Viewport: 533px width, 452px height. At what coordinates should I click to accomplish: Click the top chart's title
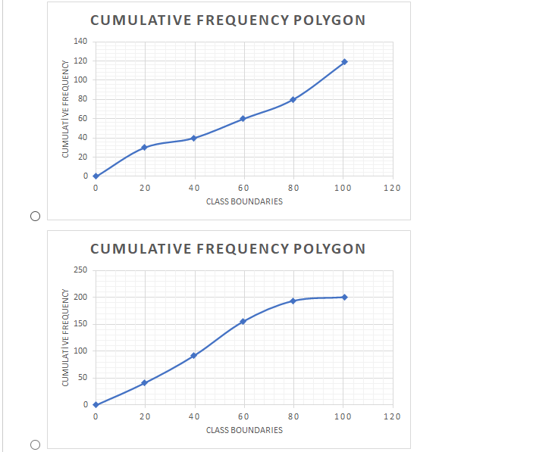coord(227,20)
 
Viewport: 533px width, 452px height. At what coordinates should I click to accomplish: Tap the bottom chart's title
coord(227,248)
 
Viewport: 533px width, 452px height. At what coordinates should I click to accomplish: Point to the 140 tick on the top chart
coord(81,41)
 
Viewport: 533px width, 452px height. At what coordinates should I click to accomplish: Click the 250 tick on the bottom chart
coord(81,270)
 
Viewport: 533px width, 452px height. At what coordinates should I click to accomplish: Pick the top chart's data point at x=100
coord(344,61)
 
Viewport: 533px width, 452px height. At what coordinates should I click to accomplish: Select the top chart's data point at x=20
coord(144,147)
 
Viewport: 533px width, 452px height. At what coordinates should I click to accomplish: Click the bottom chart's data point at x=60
coord(243,321)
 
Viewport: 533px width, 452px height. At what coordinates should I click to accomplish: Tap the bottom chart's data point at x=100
coord(344,297)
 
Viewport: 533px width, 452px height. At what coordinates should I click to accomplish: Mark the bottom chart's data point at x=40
coord(194,355)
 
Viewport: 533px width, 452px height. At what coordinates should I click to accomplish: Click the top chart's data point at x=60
coord(243,118)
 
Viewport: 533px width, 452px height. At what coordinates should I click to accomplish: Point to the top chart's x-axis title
coord(244,201)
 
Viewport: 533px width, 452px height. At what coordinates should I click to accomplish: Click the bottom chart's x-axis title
coord(244,430)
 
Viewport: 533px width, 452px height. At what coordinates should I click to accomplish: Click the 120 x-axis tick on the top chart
coord(391,188)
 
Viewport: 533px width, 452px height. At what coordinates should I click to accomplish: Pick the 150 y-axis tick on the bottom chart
coord(81,324)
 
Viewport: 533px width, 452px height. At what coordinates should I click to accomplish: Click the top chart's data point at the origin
coord(96,176)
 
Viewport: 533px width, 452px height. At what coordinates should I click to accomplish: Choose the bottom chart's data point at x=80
coord(293,301)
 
